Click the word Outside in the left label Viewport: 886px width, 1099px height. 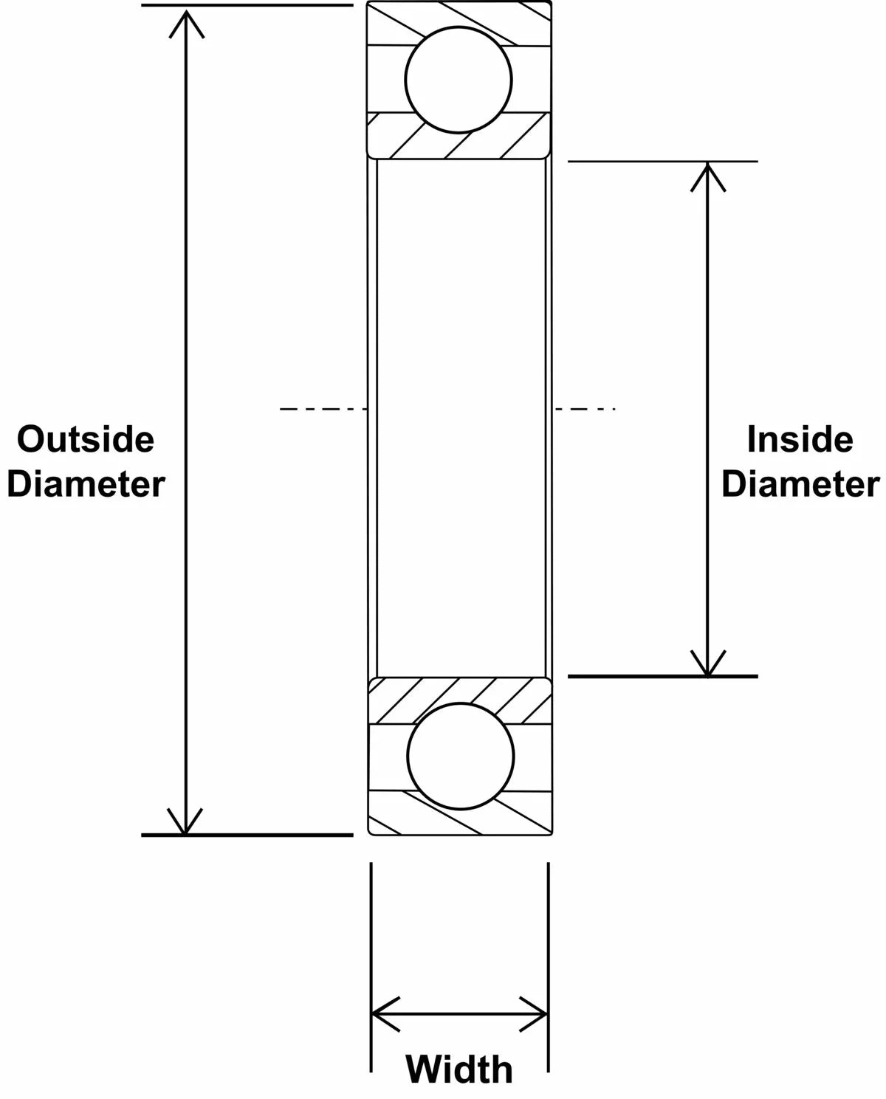(86, 440)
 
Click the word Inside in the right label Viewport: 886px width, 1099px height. (800, 440)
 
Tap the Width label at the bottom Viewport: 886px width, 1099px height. (459, 1069)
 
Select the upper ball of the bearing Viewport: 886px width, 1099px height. (459, 80)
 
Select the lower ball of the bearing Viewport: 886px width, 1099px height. (460, 756)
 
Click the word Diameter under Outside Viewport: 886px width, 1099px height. (86, 485)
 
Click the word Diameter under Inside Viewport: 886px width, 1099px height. (800, 485)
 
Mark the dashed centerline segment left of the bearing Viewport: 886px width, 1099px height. (323, 408)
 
